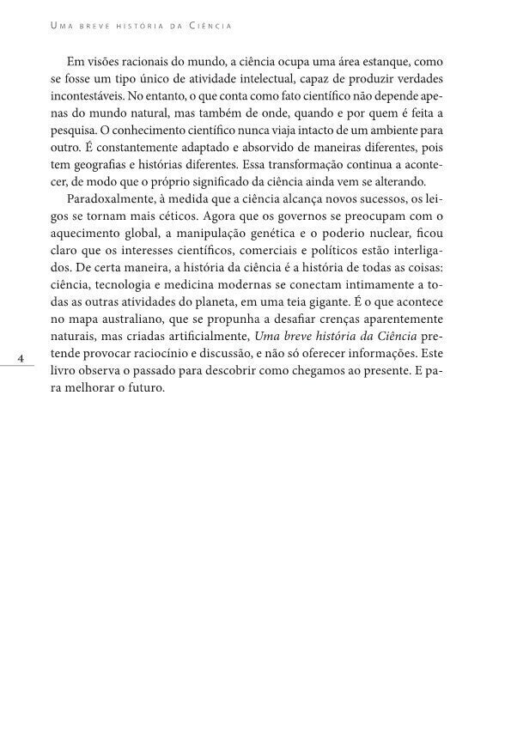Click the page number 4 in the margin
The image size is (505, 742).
tap(21, 356)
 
